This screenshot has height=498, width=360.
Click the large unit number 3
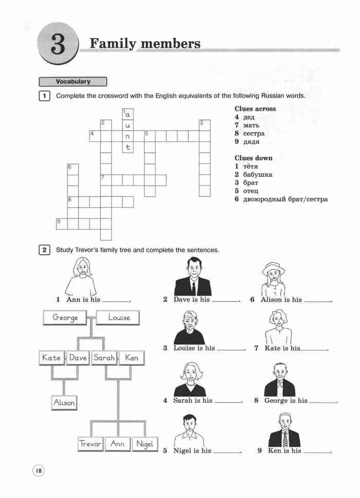coord(58,45)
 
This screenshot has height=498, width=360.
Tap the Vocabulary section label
coord(73,82)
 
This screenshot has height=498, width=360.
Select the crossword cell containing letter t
coord(128,147)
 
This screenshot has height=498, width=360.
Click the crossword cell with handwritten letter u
coord(128,125)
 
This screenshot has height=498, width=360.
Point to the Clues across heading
coord(255,109)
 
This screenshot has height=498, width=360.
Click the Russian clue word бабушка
coord(258,175)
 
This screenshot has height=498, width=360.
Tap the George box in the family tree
coord(65,318)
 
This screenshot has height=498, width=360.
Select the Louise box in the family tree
coord(119,318)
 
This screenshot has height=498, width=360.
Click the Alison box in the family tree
coord(64,403)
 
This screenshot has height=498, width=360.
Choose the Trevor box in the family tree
coord(91,444)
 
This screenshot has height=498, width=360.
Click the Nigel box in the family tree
coord(145,444)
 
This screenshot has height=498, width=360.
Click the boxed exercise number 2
coord(45,250)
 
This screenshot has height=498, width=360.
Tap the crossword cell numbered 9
coord(61,224)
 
